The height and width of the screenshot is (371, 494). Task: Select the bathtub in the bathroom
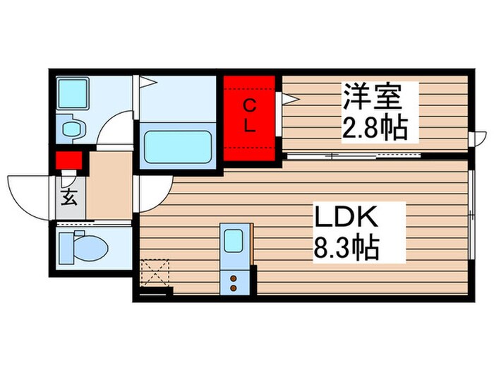click(x=178, y=146)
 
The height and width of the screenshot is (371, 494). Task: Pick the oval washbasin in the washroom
click(x=73, y=128)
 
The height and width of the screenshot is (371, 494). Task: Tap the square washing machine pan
click(x=72, y=93)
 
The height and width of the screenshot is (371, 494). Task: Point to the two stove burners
click(x=234, y=283)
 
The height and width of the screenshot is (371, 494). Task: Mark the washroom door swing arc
click(x=114, y=129)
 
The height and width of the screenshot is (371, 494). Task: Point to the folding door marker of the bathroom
click(x=147, y=82)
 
